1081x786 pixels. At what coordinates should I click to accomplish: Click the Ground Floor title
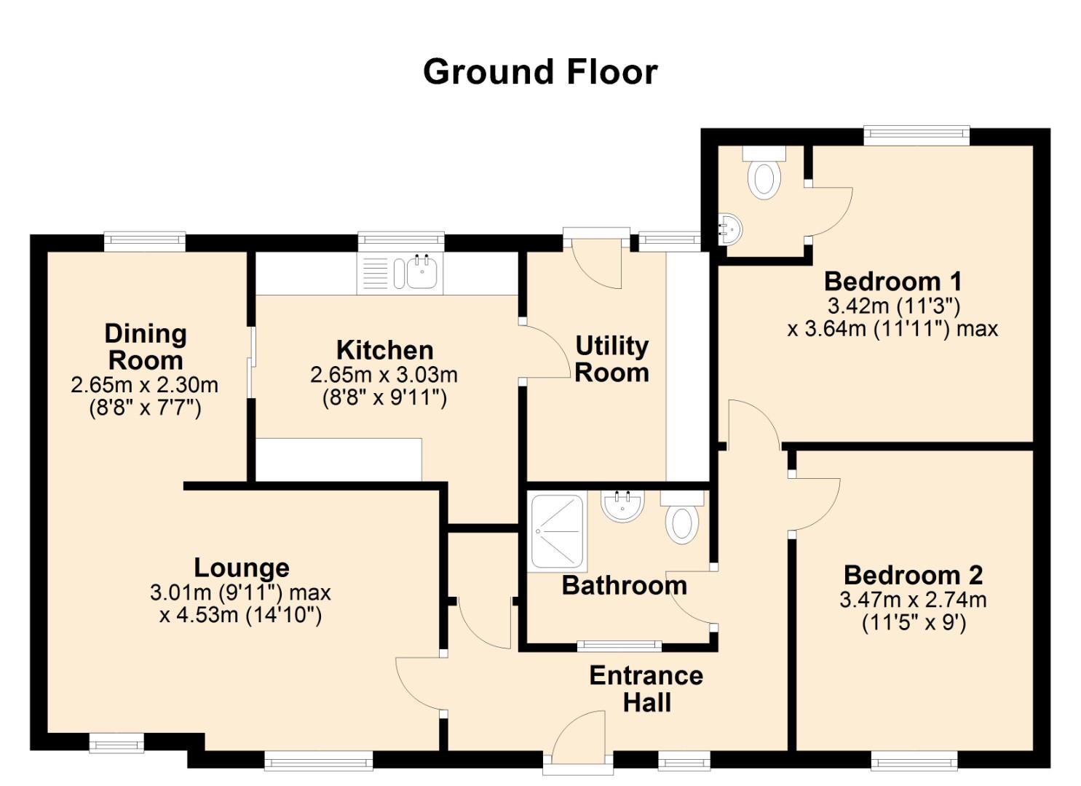(x=540, y=72)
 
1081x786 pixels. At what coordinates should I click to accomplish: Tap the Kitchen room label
(x=384, y=350)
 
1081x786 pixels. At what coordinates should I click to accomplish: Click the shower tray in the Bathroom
(x=558, y=531)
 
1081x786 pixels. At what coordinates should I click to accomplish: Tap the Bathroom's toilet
(x=681, y=517)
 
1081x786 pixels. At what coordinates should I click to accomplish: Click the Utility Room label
(x=612, y=360)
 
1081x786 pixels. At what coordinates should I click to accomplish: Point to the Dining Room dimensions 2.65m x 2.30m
(x=145, y=385)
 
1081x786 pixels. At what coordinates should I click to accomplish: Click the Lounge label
(x=241, y=568)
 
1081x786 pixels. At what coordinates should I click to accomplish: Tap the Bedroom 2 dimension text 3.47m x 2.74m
(x=913, y=600)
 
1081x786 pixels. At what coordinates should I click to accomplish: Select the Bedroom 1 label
(x=893, y=282)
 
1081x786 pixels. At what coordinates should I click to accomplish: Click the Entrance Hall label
(x=646, y=688)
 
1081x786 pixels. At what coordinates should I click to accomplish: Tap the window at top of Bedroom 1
(x=916, y=135)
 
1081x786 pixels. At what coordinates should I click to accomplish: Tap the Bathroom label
(x=625, y=586)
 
